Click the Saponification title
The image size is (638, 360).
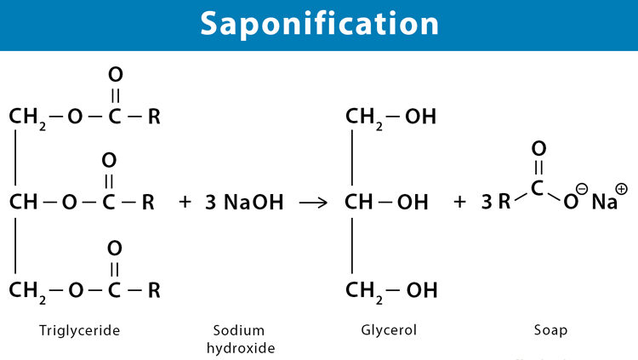click(319, 24)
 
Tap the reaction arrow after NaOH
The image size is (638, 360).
click(313, 203)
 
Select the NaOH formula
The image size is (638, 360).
click(253, 202)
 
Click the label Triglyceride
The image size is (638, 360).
click(79, 330)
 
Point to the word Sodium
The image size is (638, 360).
click(239, 330)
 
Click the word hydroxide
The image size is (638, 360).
click(241, 348)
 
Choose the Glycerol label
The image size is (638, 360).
click(389, 330)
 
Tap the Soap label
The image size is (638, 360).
click(550, 330)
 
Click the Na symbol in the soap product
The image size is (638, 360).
click(604, 202)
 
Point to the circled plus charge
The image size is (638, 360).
click(621, 189)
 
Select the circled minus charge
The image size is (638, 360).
click(582, 189)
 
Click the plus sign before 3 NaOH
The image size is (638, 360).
click(185, 202)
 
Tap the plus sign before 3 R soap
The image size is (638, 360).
click(459, 202)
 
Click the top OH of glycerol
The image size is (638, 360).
click(420, 117)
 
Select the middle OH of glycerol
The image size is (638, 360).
click(413, 202)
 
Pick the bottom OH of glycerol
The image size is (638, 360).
click(422, 290)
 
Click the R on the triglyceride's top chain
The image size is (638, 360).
click(154, 117)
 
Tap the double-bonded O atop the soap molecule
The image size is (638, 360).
click(538, 149)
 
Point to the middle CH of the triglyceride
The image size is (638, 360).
click(23, 202)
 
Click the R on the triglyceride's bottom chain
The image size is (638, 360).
click(154, 290)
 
